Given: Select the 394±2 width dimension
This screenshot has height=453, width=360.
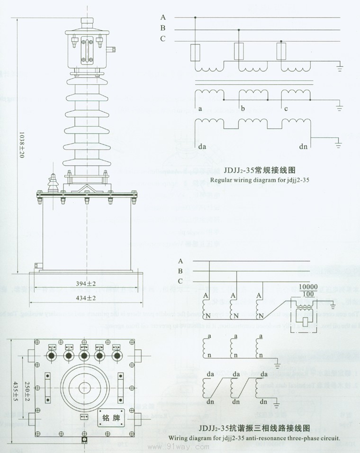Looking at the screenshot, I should (x=86, y=284).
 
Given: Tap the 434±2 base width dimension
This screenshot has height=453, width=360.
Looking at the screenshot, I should (x=86, y=298).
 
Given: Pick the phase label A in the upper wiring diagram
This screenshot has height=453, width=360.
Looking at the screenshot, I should (x=163, y=18).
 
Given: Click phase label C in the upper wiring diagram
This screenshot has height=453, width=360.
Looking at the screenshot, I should (x=163, y=39).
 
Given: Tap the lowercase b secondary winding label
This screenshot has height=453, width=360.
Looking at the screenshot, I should (x=243, y=109).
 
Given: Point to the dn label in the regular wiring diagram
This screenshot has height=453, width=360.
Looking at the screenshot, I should (x=303, y=146).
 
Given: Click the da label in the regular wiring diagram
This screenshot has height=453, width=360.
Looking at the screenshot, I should (x=202, y=146).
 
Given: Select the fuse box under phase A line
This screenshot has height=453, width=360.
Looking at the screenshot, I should (x=195, y=53).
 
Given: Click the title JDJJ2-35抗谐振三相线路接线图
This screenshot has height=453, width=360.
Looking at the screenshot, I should (x=255, y=429).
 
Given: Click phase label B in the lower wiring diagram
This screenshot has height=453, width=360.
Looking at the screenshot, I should (x=180, y=271).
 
